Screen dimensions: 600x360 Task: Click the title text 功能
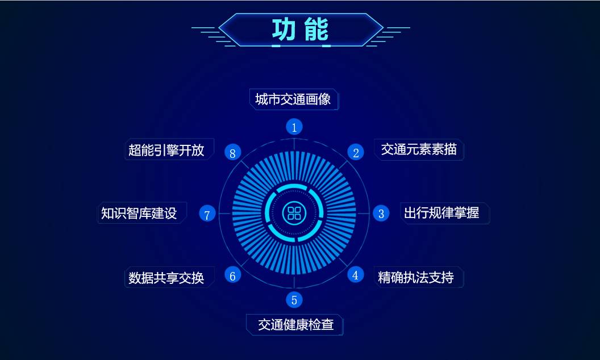(x=300, y=30)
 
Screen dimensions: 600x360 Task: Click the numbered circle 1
(x=294, y=127)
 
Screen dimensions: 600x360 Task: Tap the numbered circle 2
(x=356, y=152)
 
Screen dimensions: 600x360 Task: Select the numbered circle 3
(x=381, y=214)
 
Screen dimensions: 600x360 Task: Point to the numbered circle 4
(x=355, y=275)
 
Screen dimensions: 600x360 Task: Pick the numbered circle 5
(x=294, y=300)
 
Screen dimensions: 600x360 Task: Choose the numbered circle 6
(x=232, y=275)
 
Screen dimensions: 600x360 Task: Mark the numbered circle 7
(x=207, y=214)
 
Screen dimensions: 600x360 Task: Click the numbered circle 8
(x=232, y=152)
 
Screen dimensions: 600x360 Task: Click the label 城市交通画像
(x=293, y=99)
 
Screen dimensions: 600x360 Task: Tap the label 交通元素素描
(x=419, y=149)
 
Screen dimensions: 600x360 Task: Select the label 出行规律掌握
(x=441, y=213)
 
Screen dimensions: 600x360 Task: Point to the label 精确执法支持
(x=416, y=278)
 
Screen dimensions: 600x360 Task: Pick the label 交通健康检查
(x=295, y=325)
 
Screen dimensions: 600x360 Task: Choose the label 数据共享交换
(x=166, y=278)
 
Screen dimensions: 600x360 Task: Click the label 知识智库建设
(x=139, y=213)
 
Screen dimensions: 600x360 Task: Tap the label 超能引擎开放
(x=166, y=150)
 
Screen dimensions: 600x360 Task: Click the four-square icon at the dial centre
(x=294, y=214)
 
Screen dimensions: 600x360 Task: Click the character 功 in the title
(x=284, y=30)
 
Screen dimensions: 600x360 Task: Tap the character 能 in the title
(x=316, y=30)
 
